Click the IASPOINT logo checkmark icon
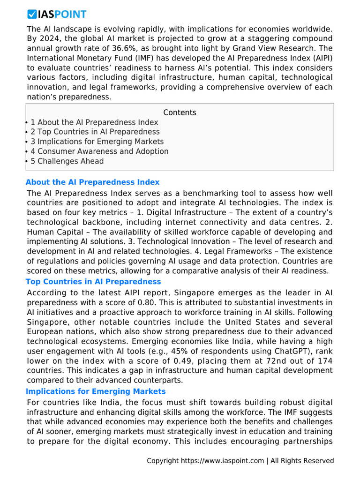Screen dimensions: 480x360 32,15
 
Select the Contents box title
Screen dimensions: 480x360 180,112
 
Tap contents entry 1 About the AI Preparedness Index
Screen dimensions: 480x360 94,122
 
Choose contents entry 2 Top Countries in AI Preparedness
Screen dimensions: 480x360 95,132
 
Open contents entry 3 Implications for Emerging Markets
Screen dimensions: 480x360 97,142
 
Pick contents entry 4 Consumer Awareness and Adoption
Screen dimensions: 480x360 99,151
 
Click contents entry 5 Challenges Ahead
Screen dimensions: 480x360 67,161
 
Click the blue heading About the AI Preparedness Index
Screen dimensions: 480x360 92,182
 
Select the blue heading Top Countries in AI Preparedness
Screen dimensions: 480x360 93,282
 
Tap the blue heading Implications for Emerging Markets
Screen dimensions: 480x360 96,391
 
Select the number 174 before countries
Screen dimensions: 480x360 323,360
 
